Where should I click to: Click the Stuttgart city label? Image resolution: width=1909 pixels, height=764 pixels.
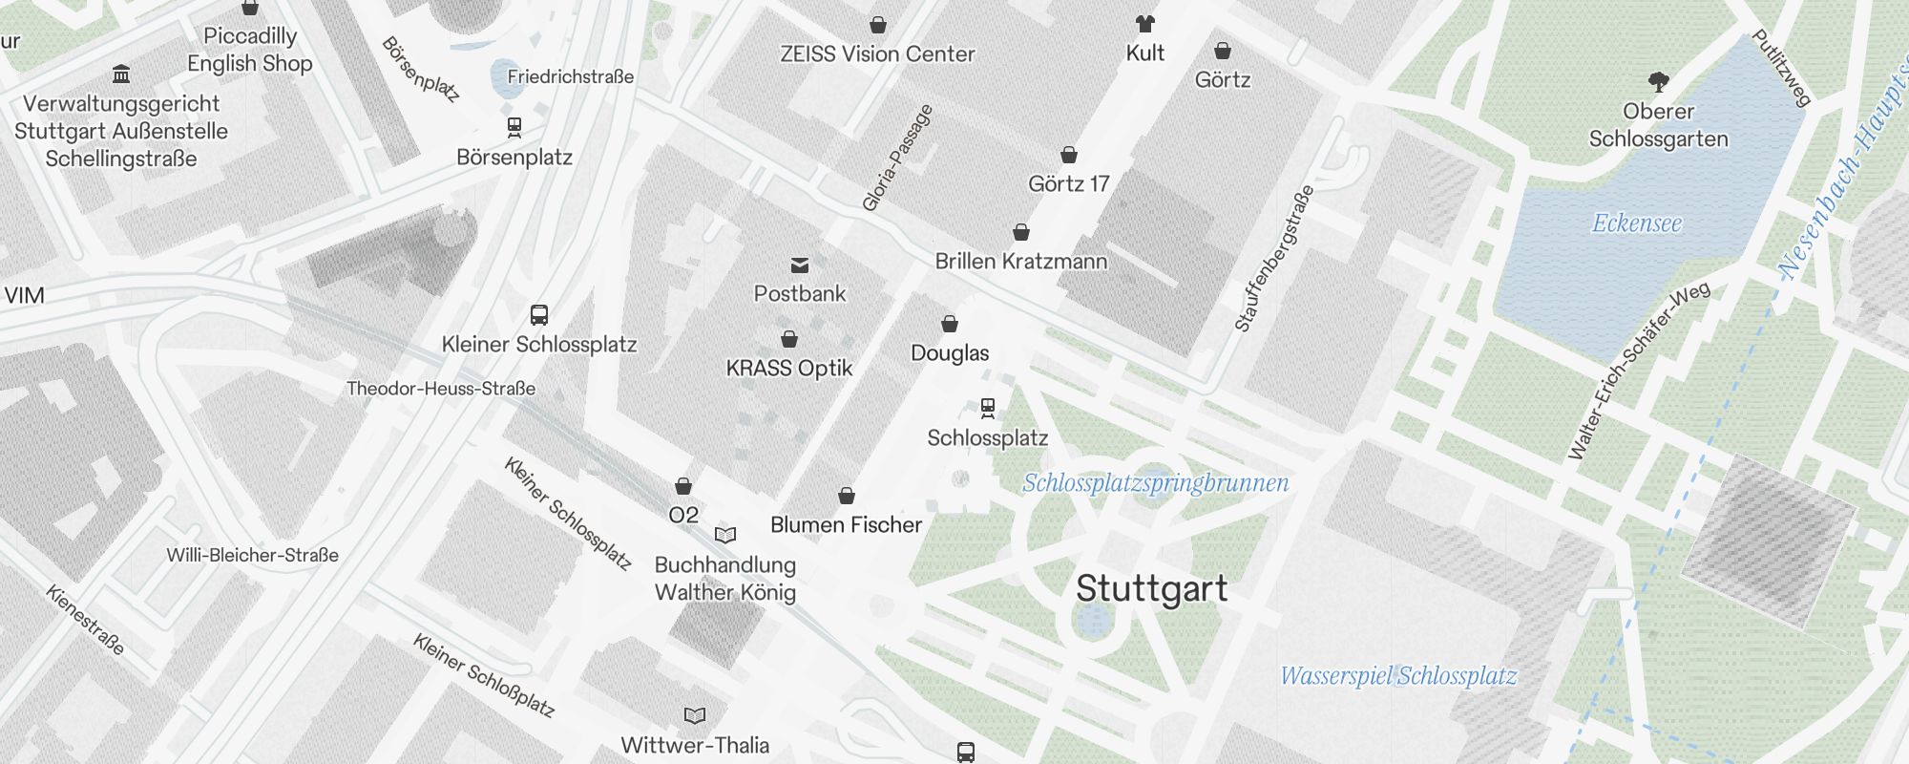click(1151, 589)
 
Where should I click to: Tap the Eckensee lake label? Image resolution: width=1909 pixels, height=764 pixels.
click(1636, 223)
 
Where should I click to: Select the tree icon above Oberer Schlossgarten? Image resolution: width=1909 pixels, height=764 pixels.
click(1658, 82)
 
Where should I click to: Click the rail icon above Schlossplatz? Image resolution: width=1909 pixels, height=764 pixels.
click(988, 409)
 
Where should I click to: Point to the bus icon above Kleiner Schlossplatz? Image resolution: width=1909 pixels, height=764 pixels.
click(539, 315)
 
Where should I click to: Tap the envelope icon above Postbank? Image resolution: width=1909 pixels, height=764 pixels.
click(800, 265)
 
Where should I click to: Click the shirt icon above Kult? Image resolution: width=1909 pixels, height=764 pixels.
click(1144, 24)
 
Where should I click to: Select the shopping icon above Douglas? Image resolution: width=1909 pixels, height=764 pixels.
click(950, 325)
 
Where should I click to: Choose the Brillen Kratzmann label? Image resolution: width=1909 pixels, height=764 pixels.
click(1020, 261)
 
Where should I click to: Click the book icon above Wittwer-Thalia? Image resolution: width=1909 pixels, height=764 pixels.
click(695, 715)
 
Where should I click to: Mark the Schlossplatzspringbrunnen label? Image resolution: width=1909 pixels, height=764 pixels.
click(1155, 483)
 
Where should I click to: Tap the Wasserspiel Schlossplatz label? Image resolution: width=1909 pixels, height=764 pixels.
click(1397, 676)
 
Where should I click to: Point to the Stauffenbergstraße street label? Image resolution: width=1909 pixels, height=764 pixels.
click(1274, 258)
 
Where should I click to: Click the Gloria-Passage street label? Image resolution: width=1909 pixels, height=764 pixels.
click(896, 159)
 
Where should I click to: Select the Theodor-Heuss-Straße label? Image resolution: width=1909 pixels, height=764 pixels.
click(441, 389)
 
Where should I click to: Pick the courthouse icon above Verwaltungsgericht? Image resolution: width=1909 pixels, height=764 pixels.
click(121, 74)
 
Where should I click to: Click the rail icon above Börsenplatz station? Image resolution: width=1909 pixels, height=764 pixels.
click(514, 127)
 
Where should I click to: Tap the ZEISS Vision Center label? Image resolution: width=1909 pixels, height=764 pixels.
click(877, 54)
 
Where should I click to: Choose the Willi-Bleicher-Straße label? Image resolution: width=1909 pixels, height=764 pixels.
click(252, 555)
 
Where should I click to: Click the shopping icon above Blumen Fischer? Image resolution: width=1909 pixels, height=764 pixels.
click(847, 497)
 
